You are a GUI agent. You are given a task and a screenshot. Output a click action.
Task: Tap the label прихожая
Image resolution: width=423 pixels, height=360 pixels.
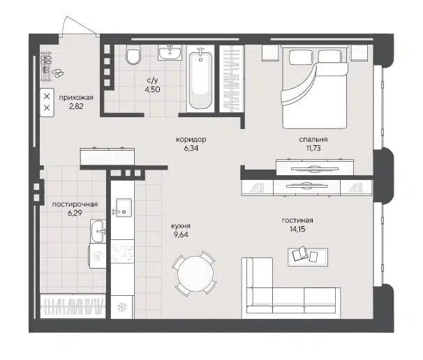click(x=76, y=98)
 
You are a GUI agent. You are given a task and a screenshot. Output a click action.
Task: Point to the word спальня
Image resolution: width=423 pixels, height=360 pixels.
click(x=314, y=140)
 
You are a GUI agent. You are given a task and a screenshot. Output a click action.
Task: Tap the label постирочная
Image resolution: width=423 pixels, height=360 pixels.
click(x=75, y=204)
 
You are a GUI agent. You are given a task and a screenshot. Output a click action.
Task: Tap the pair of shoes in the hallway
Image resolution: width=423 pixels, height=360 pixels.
click(x=57, y=72)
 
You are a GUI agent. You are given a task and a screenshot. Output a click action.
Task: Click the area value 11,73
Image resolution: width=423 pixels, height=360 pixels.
click(x=314, y=149)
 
